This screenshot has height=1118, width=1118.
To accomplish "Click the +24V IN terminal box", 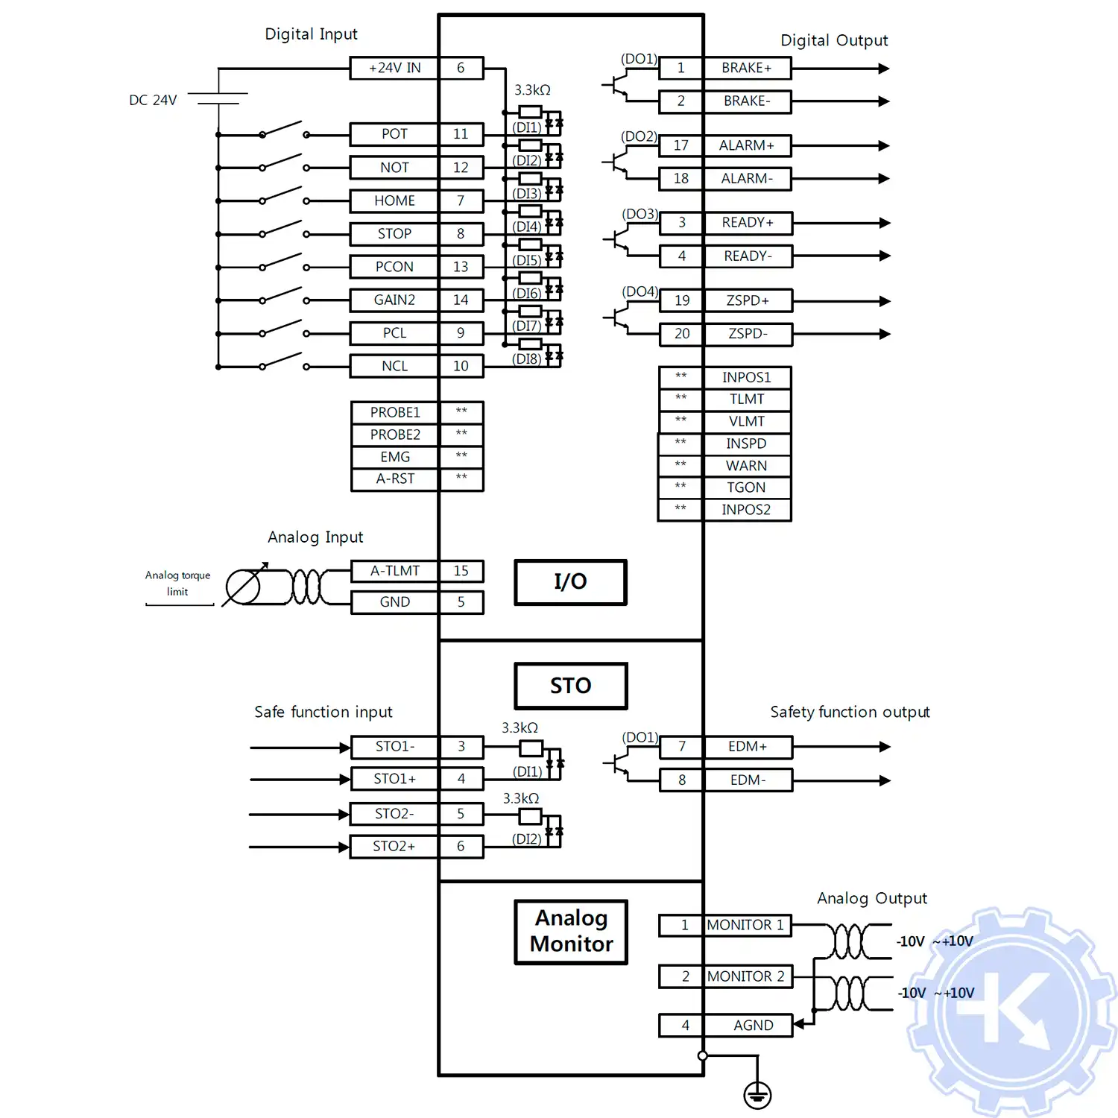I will point(394,68).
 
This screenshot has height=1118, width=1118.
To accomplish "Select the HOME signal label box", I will point(394,200).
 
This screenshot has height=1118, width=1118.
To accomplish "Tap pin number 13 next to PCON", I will point(461,267).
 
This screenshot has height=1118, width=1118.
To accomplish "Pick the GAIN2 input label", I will point(394,300).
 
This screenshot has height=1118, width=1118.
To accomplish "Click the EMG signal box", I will point(394,457).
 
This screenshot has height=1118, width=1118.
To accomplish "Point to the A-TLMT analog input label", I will point(394,571).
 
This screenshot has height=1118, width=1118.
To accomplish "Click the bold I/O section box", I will point(570,582).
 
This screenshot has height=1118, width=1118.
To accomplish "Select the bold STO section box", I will point(570,686).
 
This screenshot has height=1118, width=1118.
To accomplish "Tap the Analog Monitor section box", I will point(571,932).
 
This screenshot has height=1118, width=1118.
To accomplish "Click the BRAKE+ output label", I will point(746,68).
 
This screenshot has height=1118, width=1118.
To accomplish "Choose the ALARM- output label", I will point(746,179).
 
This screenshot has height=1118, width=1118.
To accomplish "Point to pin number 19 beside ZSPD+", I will point(682,300).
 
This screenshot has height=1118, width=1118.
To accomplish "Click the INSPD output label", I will point(746,443).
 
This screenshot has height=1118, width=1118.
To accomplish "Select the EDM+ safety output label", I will point(747,746).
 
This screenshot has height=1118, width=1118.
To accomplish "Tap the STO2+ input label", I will point(394,847).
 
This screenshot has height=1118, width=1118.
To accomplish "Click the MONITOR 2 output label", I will point(746,976).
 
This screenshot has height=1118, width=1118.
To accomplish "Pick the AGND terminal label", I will point(753,1026).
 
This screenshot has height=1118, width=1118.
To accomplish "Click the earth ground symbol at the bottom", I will point(757,1095).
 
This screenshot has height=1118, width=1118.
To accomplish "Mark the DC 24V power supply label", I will point(153,101).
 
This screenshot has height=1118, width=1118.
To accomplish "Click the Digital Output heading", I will point(834,40).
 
